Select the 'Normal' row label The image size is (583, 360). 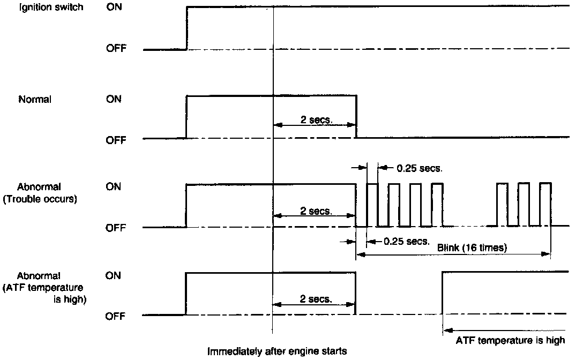[x=35, y=99]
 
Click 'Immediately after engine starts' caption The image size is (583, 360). [x=278, y=351]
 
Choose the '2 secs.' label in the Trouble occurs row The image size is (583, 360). [x=316, y=211]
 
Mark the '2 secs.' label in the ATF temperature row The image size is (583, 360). [x=316, y=299]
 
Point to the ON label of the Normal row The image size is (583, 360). [x=114, y=99]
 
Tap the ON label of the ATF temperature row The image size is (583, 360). [x=114, y=275]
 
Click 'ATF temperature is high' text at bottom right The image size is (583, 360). [x=510, y=340]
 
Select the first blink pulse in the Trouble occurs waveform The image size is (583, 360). [x=372, y=204]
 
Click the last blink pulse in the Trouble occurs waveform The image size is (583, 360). [x=545, y=204]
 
